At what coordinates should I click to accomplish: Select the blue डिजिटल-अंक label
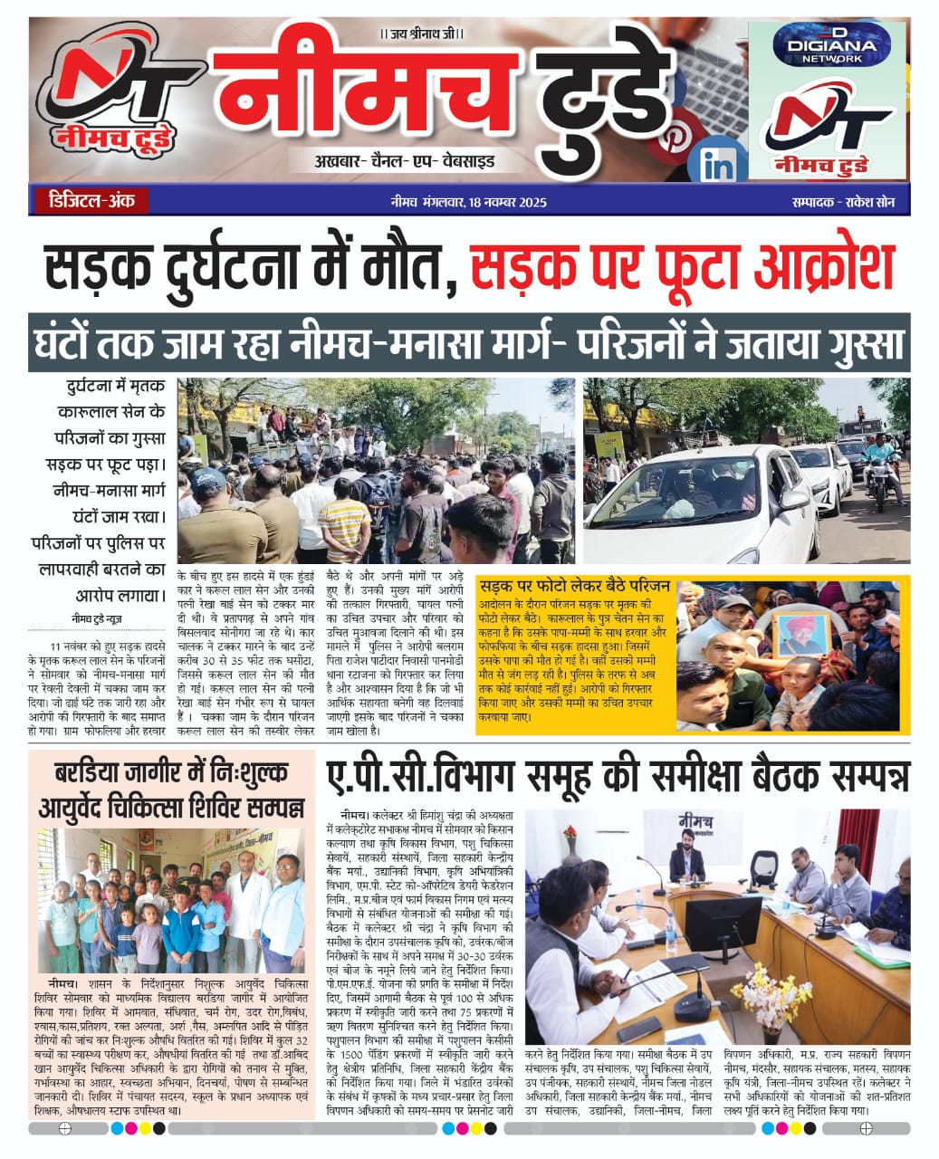pos(88,200)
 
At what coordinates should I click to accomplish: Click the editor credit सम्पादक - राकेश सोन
pos(837,202)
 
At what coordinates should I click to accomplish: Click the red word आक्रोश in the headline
pos(815,269)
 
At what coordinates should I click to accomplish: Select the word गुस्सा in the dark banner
pos(856,343)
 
